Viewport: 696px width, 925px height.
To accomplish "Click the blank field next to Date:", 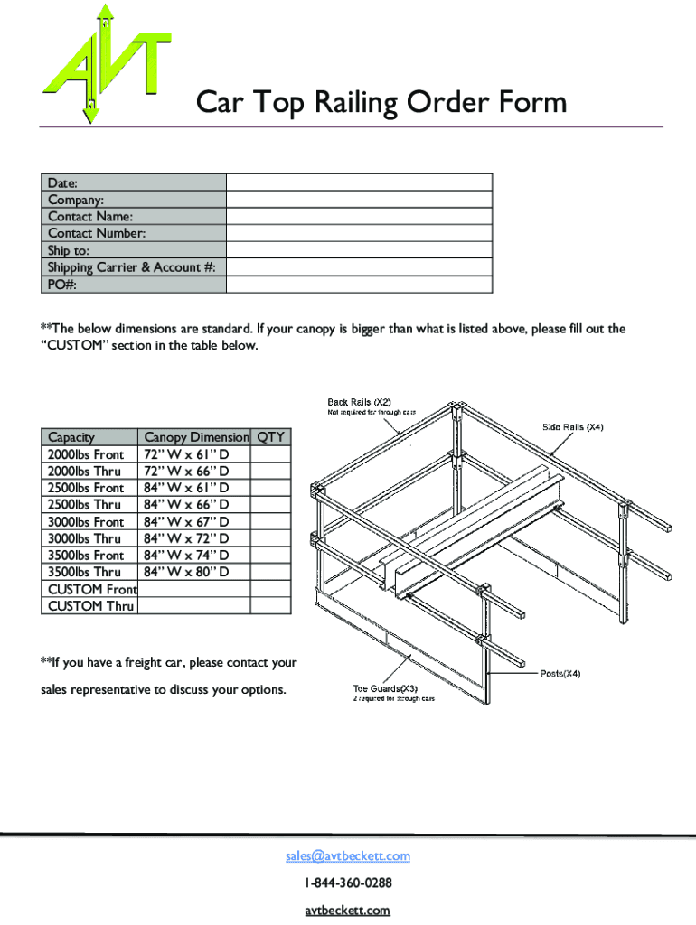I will tap(359, 182).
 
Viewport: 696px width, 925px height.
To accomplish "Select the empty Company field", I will tap(359, 200).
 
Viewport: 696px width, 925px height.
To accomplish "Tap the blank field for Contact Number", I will tap(359, 234).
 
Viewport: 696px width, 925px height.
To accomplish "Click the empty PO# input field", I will tap(359, 285).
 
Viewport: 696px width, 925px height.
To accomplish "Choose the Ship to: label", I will tap(69, 250).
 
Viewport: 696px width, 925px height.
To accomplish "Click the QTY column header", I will tap(270, 437).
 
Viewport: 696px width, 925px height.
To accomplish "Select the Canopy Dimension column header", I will tap(195, 437).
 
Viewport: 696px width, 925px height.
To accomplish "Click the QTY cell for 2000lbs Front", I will tap(270, 454).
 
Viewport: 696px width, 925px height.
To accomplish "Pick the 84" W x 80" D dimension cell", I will tap(185, 572).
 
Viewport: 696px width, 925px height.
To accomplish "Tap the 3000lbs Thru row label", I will tap(85, 538).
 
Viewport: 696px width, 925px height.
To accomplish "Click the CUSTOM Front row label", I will tap(91, 589).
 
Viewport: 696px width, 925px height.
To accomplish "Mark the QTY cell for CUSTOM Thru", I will tap(270, 606).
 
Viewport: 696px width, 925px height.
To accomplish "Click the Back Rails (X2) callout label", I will tap(358, 401).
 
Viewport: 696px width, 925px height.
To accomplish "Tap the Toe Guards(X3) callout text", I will tap(385, 689).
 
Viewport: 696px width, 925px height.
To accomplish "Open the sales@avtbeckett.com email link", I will tap(348, 855).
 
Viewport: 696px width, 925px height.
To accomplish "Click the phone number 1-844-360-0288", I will tap(348, 883).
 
